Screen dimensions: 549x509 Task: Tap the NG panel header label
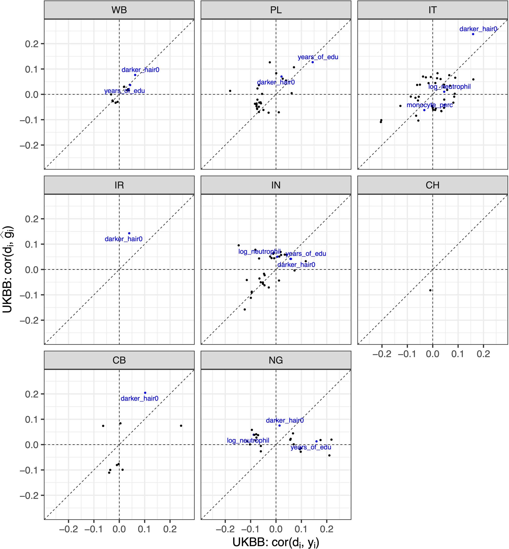pyautogui.click(x=276, y=360)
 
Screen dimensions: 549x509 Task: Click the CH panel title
pyautogui.click(x=432, y=185)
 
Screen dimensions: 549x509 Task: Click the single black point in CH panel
pyautogui.click(x=430, y=290)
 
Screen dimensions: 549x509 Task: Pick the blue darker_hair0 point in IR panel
pyautogui.click(x=129, y=233)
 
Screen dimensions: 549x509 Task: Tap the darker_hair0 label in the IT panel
pyautogui.click(x=478, y=29)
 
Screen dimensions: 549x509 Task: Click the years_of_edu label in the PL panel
pyautogui.click(x=318, y=57)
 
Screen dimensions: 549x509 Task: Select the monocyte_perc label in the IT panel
pyautogui.click(x=429, y=105)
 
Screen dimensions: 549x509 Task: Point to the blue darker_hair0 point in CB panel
pyautogui.click(x=145, y=393)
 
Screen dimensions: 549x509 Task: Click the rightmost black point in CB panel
pyautogui.click(x=181, y=426)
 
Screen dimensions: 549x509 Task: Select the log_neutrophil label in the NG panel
pyautogui.click(x=248, y=440)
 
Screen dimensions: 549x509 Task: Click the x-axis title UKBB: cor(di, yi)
pyautogui.click(x=276, y=542)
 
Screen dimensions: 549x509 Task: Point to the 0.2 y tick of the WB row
pyautogui.click(x=32, y=44)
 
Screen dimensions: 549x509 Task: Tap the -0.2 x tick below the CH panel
pyautogui.click(x=382, y=354)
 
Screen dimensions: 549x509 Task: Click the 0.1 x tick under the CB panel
pyautogui.click(x=144, y=529)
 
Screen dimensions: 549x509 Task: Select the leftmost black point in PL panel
pyautogui.click(x=230, y=91)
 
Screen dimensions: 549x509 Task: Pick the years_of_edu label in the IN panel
pyautogui.click(x=306, y=253)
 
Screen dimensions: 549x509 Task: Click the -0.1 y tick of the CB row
pyautogui.click(x=29, y=470)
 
